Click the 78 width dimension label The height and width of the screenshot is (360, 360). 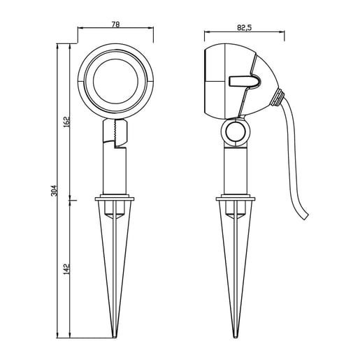tap(115, 24)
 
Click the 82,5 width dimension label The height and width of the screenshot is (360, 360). tap(245, 28)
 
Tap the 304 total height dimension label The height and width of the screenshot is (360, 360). tap(54, 191)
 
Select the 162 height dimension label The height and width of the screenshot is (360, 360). tap(66, 122)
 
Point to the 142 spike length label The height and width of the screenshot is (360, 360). tap(66, 269)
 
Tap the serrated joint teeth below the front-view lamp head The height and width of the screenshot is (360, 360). tap(115, 131)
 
